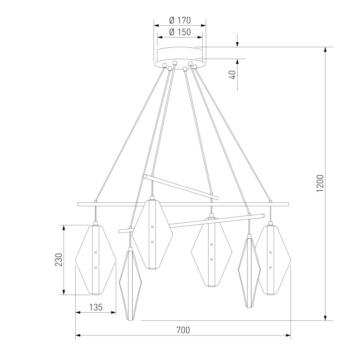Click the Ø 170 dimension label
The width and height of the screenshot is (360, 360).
(179, 21)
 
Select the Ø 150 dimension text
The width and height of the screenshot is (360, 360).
(179, 32)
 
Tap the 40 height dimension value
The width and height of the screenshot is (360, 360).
(232, 75)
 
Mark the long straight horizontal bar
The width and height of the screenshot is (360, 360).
(183, 204)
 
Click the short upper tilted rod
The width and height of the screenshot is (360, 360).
(180, 186)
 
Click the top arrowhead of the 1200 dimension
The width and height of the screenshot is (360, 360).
(325, 49)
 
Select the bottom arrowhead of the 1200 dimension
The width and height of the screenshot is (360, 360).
(325, 318)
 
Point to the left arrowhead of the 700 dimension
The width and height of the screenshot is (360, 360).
(78, 336)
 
